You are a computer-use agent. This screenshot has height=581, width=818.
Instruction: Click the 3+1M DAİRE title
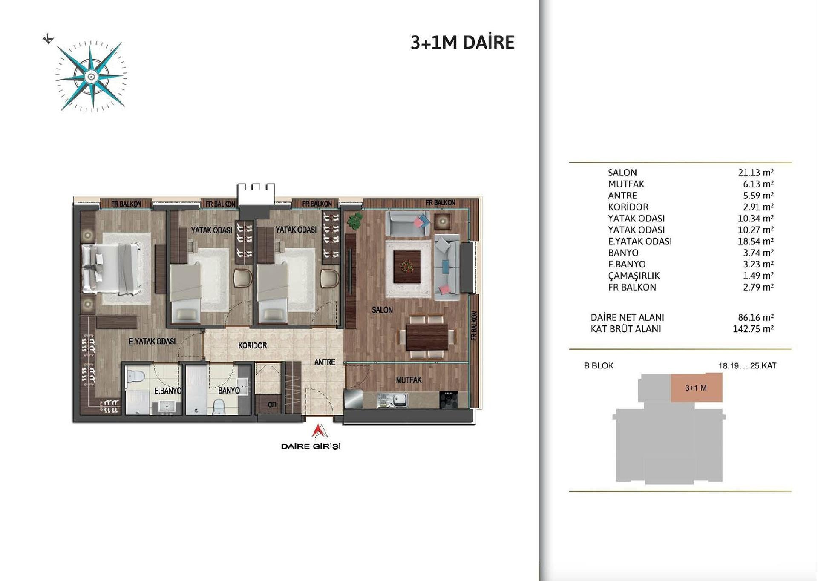[x=463, y=43]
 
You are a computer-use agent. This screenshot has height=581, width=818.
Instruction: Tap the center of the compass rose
[x=91, y=77]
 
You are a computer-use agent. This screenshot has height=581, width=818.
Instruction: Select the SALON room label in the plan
[x=382, y=310]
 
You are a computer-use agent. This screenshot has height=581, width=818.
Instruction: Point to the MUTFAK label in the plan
[x=409, y=380]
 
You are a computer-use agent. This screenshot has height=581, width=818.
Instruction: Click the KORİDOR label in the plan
[x=253, y=345]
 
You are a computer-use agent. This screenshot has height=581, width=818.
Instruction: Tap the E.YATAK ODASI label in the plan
[x=152, y=341]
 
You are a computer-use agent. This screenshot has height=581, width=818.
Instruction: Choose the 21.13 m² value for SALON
[x=756, y=173]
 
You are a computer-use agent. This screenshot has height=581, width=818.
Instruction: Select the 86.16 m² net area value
[x=756, y=317]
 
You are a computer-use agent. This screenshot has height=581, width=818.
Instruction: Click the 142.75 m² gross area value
[x=753, y=329]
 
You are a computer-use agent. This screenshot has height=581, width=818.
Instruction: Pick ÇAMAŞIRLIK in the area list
[x=634, y=276]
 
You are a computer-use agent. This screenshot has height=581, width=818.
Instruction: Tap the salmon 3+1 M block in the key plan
[x=697, y=388]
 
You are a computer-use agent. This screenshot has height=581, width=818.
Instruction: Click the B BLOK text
[x=599, y=365]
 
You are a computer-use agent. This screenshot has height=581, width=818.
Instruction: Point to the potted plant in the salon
[x=354, y=221]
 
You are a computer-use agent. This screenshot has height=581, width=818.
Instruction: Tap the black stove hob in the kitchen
[x=448, y=400]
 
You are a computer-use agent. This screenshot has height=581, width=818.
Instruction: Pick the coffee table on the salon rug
[x=407, y=267]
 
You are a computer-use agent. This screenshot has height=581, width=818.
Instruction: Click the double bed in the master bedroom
[x=112, y=268]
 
